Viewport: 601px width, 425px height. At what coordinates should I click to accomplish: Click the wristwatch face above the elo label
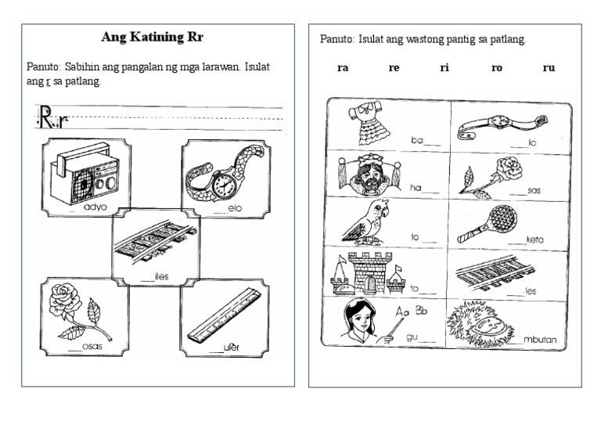(x=224, y=185)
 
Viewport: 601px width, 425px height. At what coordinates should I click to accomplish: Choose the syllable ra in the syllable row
(x=343, y=68)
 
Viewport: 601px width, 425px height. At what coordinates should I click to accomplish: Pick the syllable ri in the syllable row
(x=444, y=68)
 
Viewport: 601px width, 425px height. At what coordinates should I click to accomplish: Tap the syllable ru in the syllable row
(x=549, y=68)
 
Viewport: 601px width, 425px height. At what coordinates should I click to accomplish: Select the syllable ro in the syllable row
(x=497, y=68)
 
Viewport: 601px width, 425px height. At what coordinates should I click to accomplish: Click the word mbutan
(x=538, y=340)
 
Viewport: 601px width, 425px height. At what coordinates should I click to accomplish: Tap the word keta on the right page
(x=534, y=240)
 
